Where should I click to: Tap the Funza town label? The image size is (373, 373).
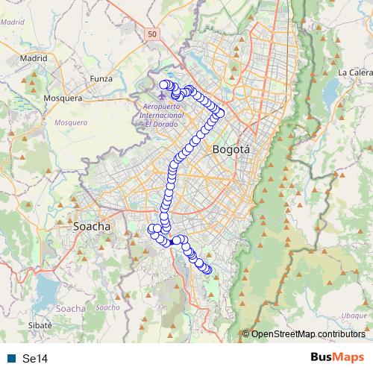[101, 78]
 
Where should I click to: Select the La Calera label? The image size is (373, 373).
[354, 72]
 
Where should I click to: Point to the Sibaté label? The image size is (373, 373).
[39, 326]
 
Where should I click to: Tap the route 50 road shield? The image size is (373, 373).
[152, 34]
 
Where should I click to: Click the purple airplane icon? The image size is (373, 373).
[163, 96]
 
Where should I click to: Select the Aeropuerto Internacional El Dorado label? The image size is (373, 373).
[164, 115]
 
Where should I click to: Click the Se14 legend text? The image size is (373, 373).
[35, 359]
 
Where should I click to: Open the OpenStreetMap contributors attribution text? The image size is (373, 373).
[307, 334]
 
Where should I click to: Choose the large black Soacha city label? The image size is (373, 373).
[92, 225]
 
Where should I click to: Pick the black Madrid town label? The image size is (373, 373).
[34, 57]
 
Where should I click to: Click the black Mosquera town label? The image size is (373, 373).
[63, 98]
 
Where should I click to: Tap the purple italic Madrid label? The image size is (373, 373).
[12, 22]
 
